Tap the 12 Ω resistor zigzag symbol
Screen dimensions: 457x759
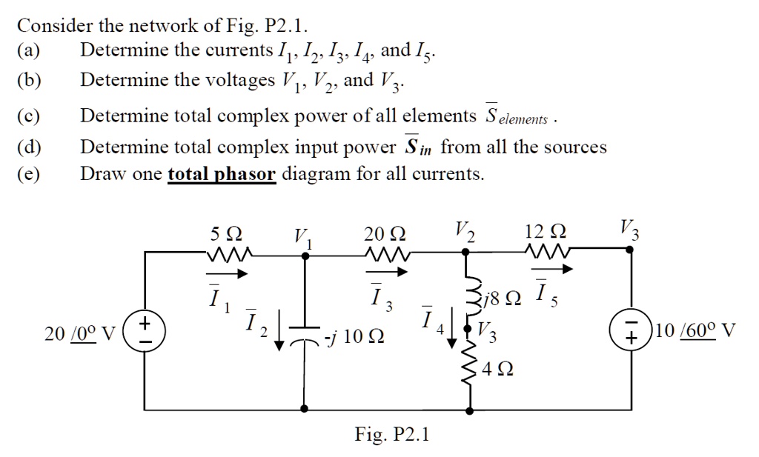[547, 253]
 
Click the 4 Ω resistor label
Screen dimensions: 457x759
[497, 367]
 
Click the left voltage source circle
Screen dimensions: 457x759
[145, 330]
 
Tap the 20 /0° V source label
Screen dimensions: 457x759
[79, 334]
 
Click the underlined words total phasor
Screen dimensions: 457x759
[222, 175]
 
